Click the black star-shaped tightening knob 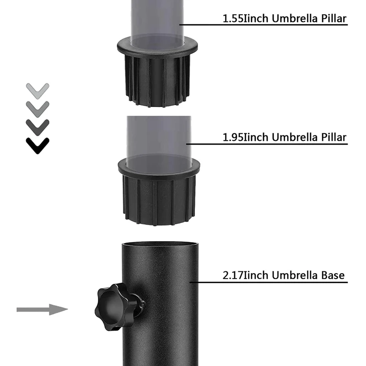tap(113, 306)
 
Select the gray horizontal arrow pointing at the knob tap(42, 310)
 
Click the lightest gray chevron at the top tap(38, 89)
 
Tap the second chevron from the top tap(38, 108)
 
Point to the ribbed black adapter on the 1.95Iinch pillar tap(159, 199)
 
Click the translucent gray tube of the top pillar tap(157, 21)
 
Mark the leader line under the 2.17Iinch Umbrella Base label tap(270, 282)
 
